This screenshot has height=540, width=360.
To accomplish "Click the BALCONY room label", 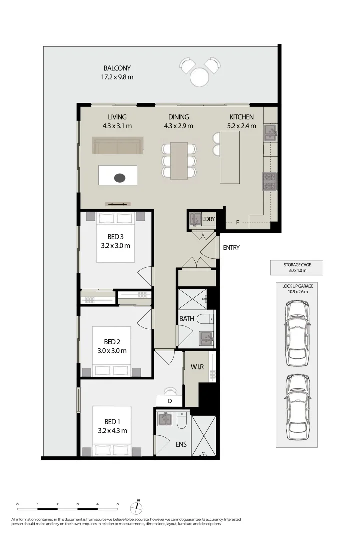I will click(117, 68).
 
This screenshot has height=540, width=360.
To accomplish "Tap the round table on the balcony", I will click(200, 77).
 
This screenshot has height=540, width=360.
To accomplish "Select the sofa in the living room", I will click(117, 145).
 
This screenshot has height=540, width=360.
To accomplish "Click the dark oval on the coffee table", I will click(120, 177).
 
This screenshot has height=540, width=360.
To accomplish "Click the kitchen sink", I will click(270, 132).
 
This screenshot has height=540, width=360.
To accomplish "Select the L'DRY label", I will click(208, 219).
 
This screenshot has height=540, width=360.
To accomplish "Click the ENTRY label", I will click(231, 247).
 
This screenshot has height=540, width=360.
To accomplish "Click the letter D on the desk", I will click(170, 401).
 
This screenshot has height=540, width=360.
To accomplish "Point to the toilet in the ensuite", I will click(182, 421).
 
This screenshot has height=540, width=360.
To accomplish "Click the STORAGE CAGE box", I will click(297, 268).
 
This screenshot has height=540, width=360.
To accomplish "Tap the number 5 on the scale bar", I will click(117, 504).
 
